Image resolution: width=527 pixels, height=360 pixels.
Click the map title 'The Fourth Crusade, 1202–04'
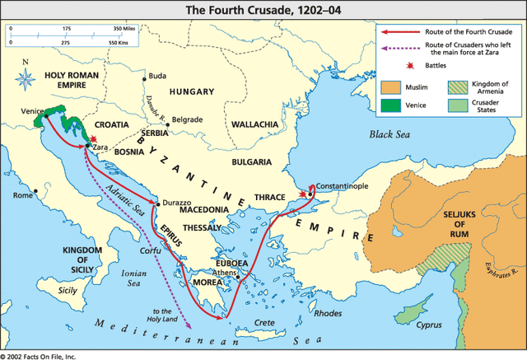pos(263,10)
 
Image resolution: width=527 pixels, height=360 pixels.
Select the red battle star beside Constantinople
pos(304,194)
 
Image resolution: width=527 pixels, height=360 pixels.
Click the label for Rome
pos(22,195)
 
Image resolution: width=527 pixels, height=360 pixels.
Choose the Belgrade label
pos(186,119)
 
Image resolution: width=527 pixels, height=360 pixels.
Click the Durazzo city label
pos(176,201)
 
